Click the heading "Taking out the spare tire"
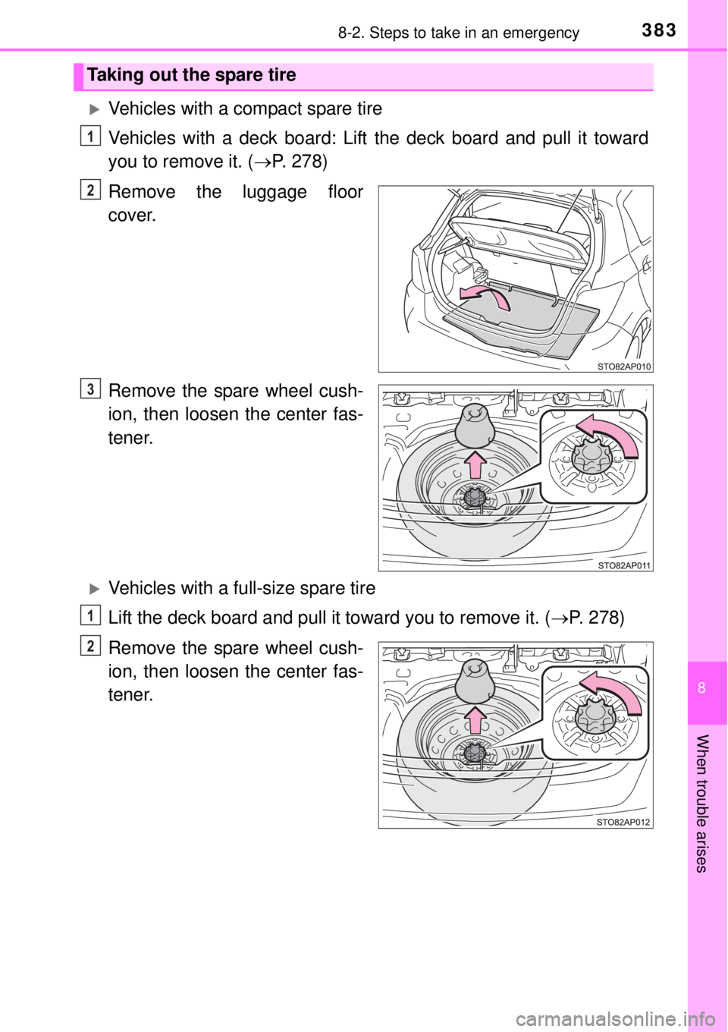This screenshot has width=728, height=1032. [191, 75]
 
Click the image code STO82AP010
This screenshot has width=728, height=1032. [624, 366]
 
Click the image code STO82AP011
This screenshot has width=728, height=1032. [624, 565]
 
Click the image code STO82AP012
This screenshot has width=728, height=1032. [624, 822]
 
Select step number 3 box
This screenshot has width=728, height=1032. [89, 389]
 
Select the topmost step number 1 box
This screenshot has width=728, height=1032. [89, 137]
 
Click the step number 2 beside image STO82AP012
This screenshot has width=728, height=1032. [89, 647]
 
